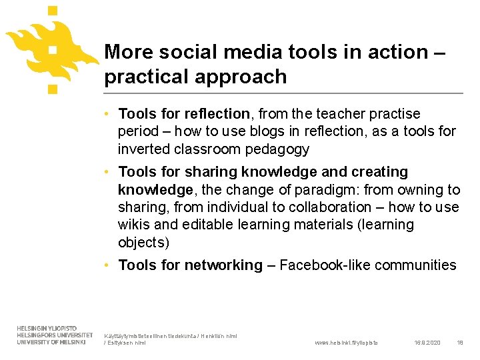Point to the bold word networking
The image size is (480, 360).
(x=223, y=265)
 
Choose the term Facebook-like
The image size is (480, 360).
(x=325, y=265)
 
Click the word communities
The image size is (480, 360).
(x=415, y=265)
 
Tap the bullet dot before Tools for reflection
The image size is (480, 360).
(x=108, y=115)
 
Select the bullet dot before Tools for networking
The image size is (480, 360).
(x=108, y=265)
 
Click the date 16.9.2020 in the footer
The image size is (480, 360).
(x=427, y=343)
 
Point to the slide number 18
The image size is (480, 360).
(x=459, y=343)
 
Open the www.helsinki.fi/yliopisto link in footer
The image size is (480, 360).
(x=346, y=343)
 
